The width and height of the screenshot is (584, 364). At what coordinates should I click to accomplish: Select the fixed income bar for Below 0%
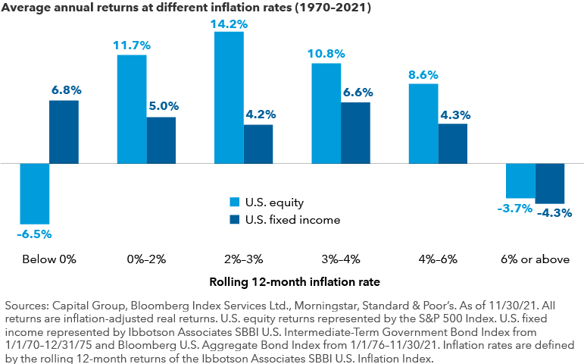pyautogui.click(x=64, y=132)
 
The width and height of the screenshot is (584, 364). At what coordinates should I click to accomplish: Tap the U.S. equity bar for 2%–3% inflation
pyautogui.click(x=229, y=97)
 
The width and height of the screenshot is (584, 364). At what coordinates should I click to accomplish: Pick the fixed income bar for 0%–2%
pyautogui.click(x=161, y=140)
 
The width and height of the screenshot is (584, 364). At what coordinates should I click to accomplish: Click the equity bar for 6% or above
pyautogui.click(x=520, y=180)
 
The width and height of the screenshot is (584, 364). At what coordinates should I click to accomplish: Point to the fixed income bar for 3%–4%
pyautogui.click(x=355, y=133)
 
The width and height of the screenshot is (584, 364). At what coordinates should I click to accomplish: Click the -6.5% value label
pyautogui.click(x=34, y=234)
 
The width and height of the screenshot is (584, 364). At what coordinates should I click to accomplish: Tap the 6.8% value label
pyautogui.click(x=65, y=90)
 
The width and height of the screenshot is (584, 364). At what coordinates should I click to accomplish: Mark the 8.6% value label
pyautogui.click(x=423, y=75)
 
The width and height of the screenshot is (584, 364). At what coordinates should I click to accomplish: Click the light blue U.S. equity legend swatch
pyautogui.click(x=235, y=202)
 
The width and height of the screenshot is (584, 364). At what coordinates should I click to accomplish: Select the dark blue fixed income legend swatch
pyautogui.click(x=235, y=220)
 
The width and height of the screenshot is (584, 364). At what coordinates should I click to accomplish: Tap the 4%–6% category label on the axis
pyautogui.click(x=438, y=259)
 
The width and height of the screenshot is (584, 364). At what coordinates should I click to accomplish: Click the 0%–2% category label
pyautogui.click(x=146, y=259)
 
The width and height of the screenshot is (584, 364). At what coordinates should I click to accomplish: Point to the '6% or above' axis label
pyautogui.click(x=536, y=259)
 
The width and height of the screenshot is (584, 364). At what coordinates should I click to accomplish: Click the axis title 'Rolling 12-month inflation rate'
pyautogui.click(x=292, y=283)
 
